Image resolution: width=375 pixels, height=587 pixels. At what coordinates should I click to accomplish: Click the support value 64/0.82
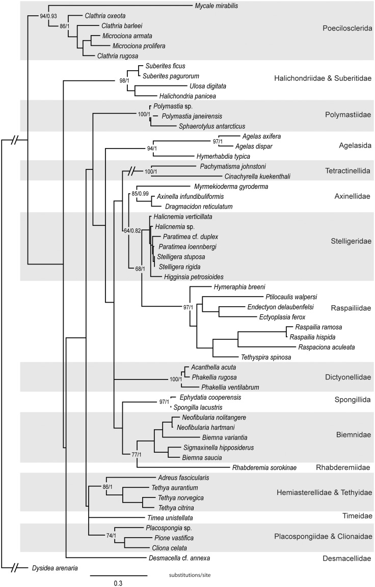(x=132, y=230)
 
